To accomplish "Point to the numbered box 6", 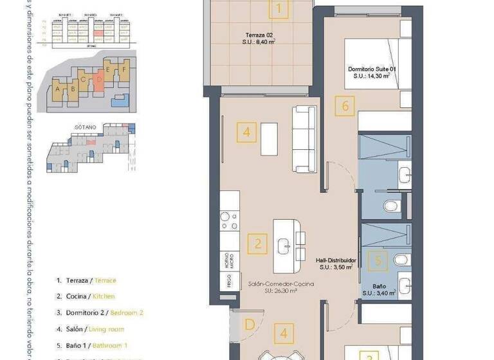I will coord(345,105).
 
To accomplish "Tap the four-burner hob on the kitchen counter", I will coord(229,221).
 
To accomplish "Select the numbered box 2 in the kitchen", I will coord(258,244).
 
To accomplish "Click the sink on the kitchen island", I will coord(284,245).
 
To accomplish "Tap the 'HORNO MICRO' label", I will coord(229,260).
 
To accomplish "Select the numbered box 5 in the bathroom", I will coord(378,261).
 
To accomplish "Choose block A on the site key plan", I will coord(59,90).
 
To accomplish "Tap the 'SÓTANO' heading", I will coord(85,128).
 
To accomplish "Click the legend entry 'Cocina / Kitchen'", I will coord(86,296).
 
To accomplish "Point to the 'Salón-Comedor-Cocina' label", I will coord(272,283).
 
